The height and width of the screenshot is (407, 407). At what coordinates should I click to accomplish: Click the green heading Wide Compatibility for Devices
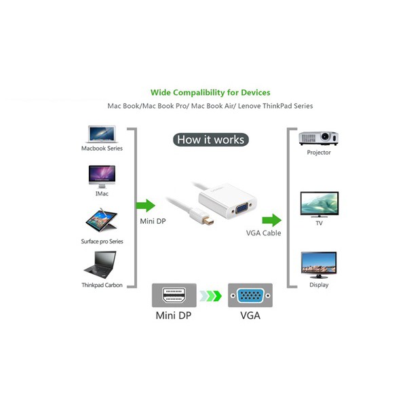point(210,92)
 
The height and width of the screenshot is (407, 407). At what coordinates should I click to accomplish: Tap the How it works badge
point(210,140)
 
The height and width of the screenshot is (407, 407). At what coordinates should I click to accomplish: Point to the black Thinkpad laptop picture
point(101,265)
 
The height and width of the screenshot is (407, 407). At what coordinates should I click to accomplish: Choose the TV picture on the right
point(319,204)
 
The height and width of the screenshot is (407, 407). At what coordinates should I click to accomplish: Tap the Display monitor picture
point(318,265)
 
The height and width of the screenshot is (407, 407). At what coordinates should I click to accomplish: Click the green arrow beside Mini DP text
point(146,206)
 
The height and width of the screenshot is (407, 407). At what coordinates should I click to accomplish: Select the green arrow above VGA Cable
point(271,220)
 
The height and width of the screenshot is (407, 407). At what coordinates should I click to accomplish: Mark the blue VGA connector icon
point(250,296)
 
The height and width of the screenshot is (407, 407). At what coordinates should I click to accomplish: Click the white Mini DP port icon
point(174,296)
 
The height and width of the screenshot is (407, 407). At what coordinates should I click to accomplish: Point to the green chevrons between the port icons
point(212,296)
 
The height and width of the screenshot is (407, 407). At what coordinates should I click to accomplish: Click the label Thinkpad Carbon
point(102,286)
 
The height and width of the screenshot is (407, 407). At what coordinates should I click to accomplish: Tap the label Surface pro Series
point(102,241)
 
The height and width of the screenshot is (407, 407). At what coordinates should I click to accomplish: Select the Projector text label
point(319,153)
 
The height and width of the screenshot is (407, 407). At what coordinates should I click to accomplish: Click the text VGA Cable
point(263,233)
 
